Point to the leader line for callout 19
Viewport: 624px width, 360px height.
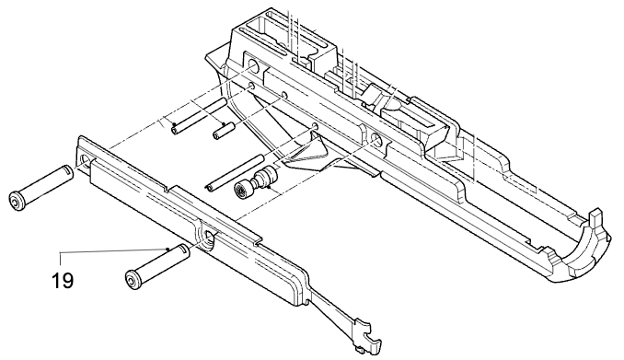click(110, 250)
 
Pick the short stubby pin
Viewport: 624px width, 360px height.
click(221, 130)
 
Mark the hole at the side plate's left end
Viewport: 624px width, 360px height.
click(89, 161)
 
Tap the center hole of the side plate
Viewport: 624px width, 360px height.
click(211, 239)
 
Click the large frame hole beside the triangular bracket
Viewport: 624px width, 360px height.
click(376, 140)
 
